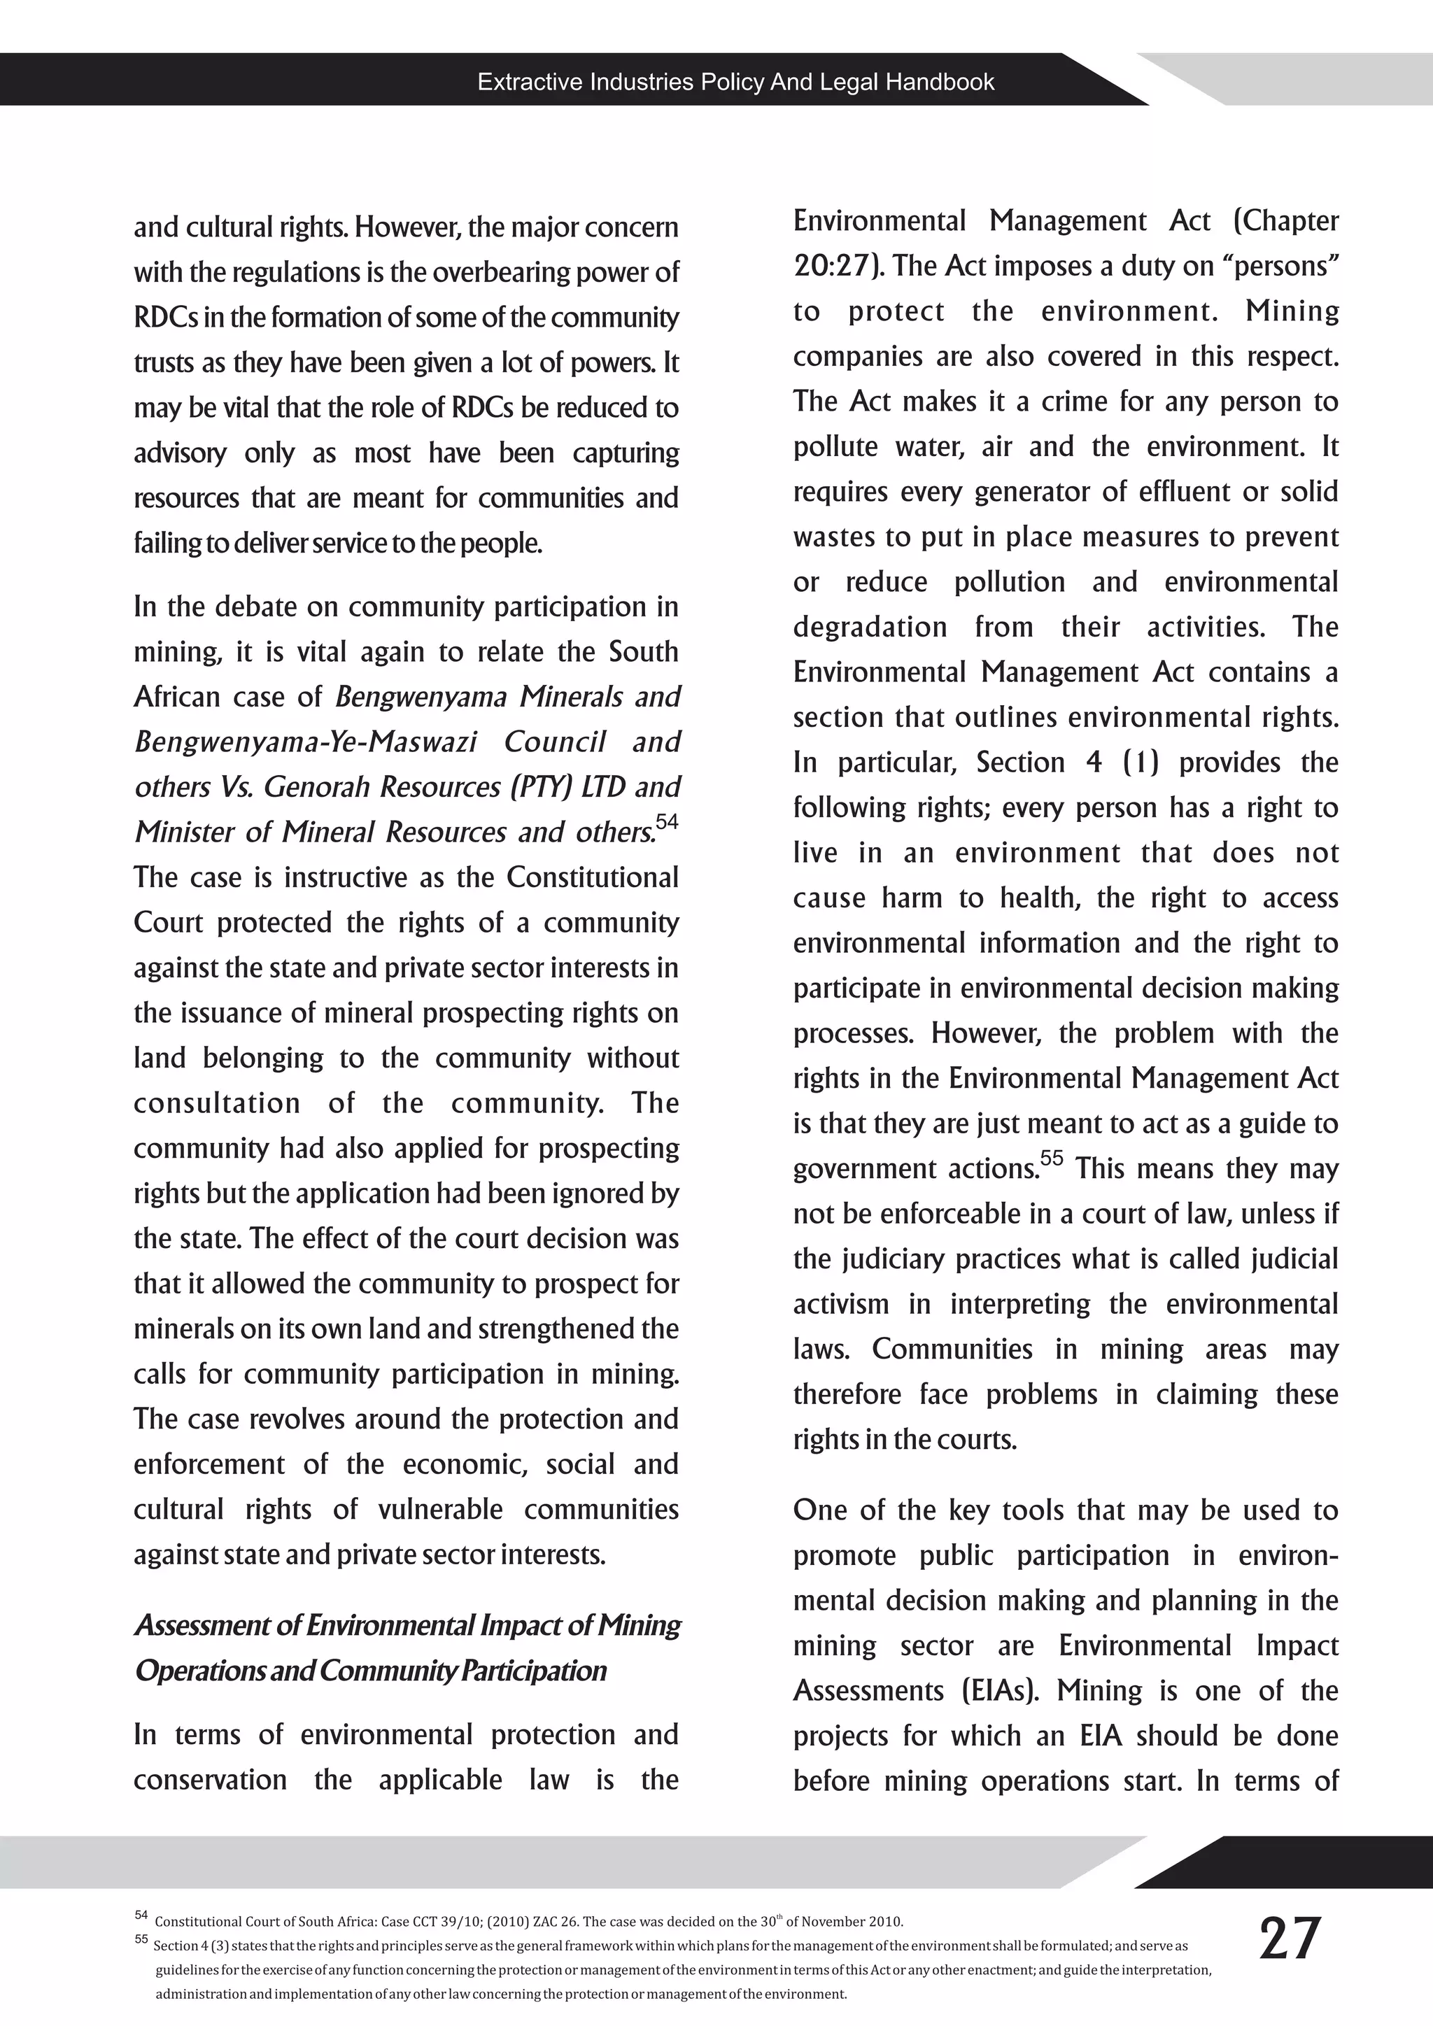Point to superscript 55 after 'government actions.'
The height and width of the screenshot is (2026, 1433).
[x=1051, y=1158]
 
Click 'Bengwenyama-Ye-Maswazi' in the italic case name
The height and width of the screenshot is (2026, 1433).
[x=305, y=742]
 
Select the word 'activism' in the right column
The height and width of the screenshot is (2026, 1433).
[x=841, y=1304]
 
